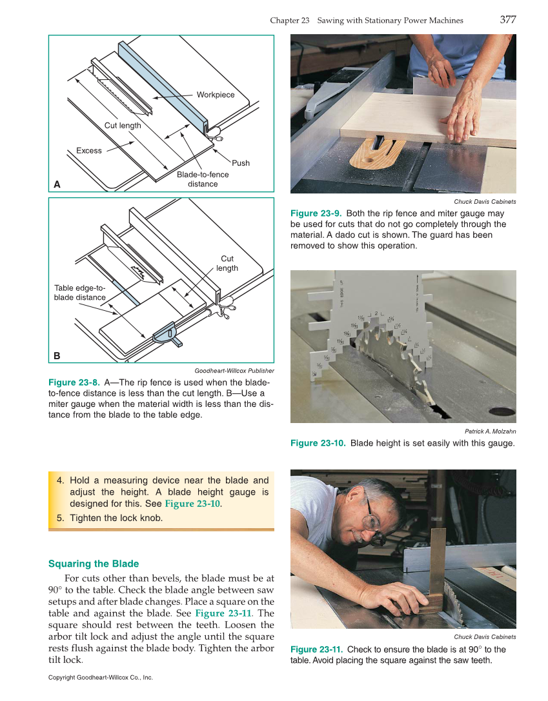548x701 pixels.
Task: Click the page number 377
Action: (x=507, y=20)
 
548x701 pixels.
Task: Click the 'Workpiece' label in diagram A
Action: (x=216, y=95)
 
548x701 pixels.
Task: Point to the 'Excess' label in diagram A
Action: (x=89, y=151)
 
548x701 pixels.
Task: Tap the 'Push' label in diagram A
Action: (x=240, y=163)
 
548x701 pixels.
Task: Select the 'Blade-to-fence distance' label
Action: (x=203, y=179)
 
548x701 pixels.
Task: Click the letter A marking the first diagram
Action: (x=57, y=184)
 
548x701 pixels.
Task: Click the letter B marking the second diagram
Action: (x=57, y=355)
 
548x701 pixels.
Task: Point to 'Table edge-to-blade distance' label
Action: (x=79, y=293)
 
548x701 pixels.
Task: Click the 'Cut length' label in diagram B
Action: (x=227, y=263)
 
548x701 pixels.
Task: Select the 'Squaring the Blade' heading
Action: (x=94, y=564)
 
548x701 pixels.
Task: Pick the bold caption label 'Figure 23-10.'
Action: (x=318, y=443)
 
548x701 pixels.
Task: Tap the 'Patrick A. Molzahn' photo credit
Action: (x=490, y=431)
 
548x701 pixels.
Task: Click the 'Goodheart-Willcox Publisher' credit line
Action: (x=234, y=371)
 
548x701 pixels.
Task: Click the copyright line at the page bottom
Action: (x=101, y=678)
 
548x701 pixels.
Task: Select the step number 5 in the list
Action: (x=60, y=518)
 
